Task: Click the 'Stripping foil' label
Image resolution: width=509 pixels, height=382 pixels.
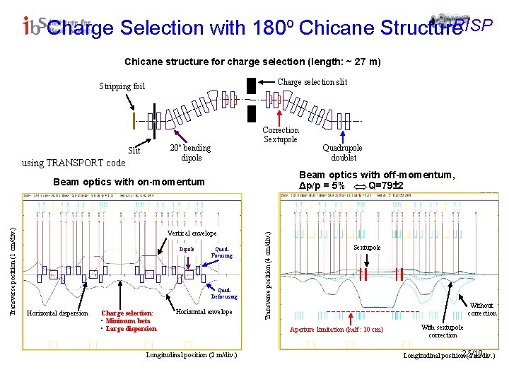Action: (121, 86)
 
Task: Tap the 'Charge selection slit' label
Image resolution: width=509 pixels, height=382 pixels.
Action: (312, 82)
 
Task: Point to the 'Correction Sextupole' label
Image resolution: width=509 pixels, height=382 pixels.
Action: (281, 134)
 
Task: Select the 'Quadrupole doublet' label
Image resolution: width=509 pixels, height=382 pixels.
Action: (342, 153)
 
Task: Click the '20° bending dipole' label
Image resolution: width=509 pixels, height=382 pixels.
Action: (190, 152)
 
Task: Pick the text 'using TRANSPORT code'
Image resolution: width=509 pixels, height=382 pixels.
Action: (74, 163)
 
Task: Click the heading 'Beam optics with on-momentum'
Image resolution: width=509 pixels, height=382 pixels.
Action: (129, 182)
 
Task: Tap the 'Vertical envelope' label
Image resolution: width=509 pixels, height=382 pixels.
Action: (192, 233)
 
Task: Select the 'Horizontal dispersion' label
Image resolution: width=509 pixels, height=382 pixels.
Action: (57, 313)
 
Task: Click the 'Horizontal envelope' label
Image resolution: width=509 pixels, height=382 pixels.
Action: (204, 312)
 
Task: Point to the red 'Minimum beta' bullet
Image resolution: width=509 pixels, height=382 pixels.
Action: (131, 320)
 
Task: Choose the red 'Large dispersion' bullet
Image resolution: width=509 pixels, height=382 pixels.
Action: (131, 328)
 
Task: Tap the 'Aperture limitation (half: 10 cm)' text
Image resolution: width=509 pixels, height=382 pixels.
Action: (337, 329)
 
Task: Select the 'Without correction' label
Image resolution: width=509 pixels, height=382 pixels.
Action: (483, 308)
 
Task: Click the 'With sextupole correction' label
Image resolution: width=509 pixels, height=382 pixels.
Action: (443, 331)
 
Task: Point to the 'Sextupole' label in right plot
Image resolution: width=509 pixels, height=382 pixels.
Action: (367, 248)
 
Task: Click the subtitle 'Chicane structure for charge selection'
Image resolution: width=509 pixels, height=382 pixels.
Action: (252, 62)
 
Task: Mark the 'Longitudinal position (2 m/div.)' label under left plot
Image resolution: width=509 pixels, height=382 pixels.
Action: (191, 354)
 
